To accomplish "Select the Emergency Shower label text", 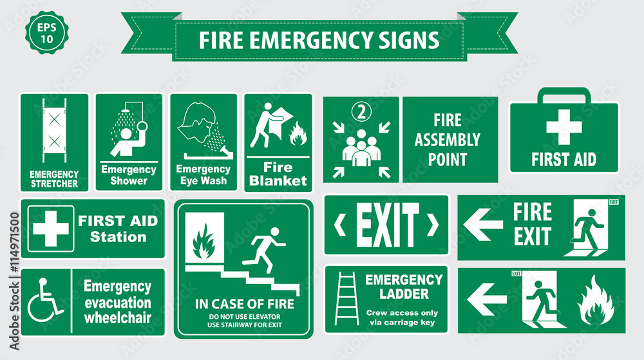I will [x=129, y=175].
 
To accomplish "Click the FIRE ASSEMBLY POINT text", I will [x=447, y=140].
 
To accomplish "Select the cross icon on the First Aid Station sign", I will [x=50, y=229].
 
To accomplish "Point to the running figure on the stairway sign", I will [x=265, y=244].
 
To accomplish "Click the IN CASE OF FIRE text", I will [x=245, y=304].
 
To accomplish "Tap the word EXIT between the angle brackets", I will [x=387, y=225].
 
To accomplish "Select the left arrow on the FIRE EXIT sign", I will [x=483, y=224].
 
